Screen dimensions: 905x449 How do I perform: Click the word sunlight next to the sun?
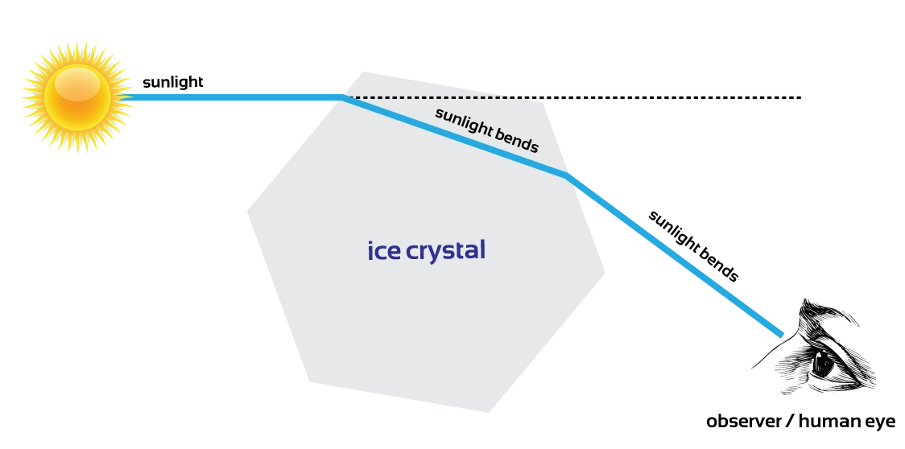click(x=172, y=82)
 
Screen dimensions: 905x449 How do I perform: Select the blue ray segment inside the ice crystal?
click(x=453, y=136)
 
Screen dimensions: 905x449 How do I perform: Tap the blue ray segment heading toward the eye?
click(x=674, y=254)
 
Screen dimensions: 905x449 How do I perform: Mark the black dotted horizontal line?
click(x=572, y=97)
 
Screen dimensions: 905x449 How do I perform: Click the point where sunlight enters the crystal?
click(x=343, y=97)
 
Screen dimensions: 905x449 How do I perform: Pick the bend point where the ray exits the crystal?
click(x=565, y=175)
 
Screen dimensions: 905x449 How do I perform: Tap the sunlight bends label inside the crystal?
click(x=486, y=130)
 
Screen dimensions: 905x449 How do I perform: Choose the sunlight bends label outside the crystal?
click(x=692, y=246)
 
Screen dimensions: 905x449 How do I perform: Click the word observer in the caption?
click(x=743, y=421)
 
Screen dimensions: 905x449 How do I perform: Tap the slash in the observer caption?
click(x=790, y=421)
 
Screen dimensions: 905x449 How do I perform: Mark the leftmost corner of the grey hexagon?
click(x=247, y=212)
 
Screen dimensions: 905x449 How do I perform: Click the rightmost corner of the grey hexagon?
click(x=605, y=273)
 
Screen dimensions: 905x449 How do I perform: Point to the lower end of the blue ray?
click(x=782, y=335)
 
